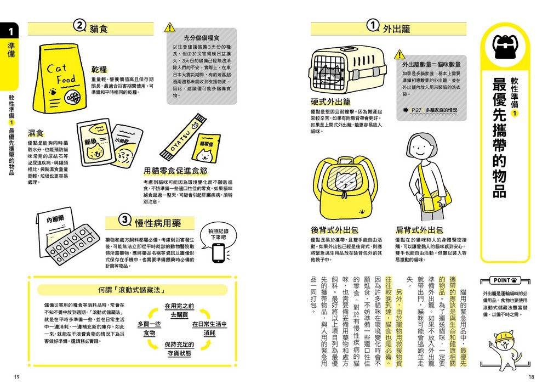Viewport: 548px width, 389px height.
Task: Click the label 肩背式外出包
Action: [419, 230]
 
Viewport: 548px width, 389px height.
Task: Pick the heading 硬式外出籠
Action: [330, 102]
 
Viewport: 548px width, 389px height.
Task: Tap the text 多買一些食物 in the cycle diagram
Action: [149, 329]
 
